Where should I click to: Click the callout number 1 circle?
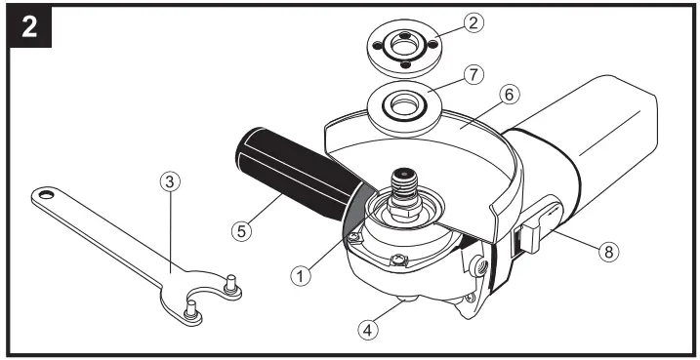pos(300,276)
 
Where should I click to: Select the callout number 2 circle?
pos(474,23)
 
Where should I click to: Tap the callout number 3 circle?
pos(170,181)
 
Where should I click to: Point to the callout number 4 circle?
pos(368,331)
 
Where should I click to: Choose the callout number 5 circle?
pos(241,231)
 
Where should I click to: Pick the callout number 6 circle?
pos(511,95)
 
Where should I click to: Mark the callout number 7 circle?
pos(474,75)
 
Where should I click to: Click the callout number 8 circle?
pos(609,253)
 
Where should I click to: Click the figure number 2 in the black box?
pos(29,27)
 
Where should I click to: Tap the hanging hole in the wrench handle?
pos(46,194)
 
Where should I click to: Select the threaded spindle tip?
pos(403,182)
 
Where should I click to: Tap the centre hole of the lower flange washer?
pos(404,105)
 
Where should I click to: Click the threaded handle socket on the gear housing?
pos(478,266)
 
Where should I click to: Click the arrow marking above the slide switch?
pos(554,208)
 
